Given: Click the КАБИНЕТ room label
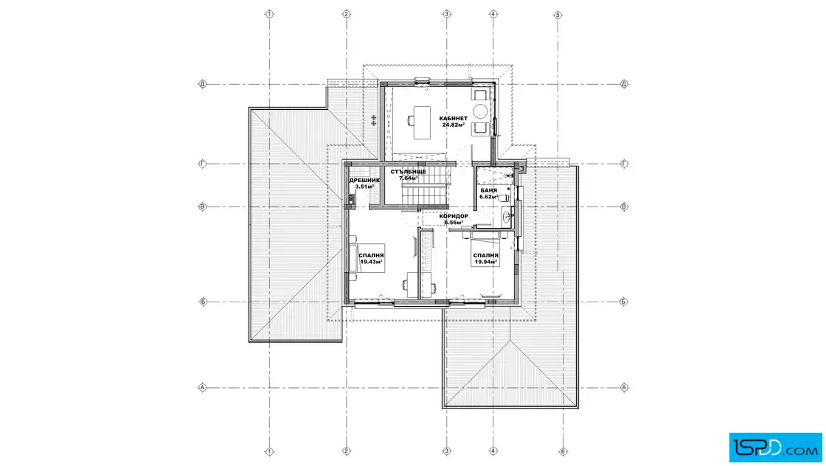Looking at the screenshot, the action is [453, 119].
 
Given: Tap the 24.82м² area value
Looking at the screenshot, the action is [453, 125].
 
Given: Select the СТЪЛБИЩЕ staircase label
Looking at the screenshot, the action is [409, 172].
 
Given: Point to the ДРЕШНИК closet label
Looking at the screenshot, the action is [364, 180].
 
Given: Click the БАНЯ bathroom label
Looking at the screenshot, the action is [488, 190].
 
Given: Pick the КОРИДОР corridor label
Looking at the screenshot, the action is [454, 216].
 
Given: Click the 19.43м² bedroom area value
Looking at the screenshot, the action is [371, 262].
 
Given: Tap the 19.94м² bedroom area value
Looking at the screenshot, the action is [486, 262].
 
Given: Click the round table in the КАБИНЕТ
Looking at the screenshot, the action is [480, 111].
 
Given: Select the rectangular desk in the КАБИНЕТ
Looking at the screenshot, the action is [422, 122].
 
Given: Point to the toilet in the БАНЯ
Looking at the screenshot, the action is [504, 198].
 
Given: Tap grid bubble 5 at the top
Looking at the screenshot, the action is [558, 15].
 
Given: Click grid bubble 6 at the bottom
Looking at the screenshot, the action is [563, 451].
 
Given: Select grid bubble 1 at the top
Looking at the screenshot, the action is [269, 14].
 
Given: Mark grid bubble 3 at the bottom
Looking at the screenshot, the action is [447, 451].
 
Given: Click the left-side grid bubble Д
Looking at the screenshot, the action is [202, 84].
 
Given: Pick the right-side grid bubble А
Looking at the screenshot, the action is [624, 388].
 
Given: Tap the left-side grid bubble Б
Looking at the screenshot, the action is [202, 302].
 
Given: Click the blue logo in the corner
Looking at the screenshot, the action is [775, 448].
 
